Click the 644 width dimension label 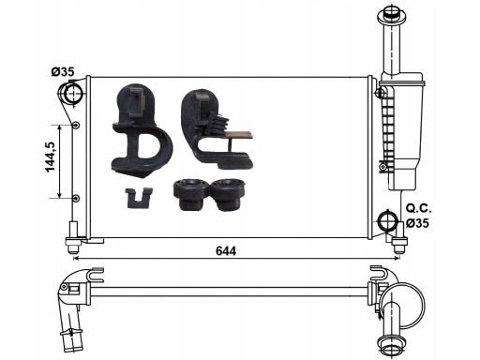226,250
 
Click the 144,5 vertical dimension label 51,157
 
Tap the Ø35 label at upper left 63,72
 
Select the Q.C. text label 419,208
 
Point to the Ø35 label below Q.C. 418,223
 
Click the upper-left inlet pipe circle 72,94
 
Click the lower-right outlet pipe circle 387,220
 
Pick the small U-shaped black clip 138,198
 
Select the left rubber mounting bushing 191,194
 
